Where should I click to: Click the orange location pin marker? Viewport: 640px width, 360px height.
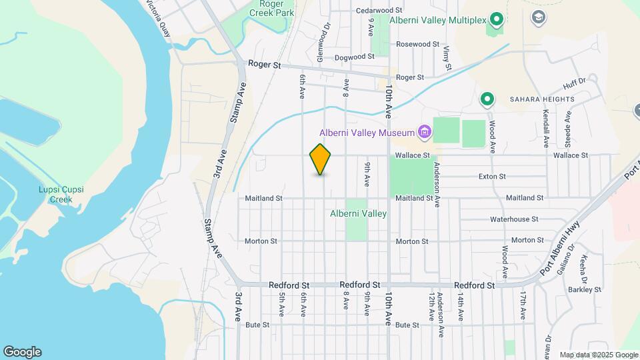click(321, 159)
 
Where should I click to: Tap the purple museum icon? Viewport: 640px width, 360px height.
click(424, 132)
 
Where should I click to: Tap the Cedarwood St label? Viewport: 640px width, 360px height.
click(379, 11)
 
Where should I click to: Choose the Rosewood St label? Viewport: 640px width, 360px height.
click(417, 44)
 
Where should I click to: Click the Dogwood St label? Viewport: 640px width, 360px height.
click(355, 57)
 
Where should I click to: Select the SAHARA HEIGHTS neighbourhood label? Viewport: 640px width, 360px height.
click(542, 99)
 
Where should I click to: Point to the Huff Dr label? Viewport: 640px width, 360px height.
click(573, 82)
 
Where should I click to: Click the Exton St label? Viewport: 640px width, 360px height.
click(493, 177)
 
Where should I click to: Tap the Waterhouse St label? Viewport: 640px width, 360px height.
click(514, 219)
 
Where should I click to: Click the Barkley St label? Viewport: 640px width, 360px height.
click(586, 289)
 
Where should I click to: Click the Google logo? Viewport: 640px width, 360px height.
click(22, 352)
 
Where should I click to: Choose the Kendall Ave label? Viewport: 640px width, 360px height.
click(545, 128)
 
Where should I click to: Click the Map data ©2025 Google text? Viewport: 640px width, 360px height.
click(598, 355)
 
